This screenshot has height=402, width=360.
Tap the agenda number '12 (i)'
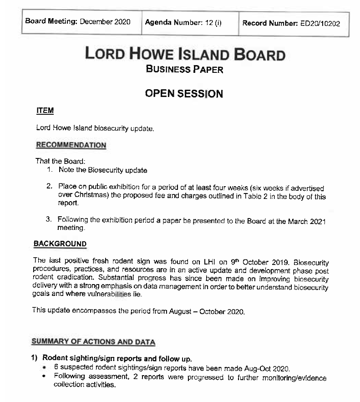pos(212,22)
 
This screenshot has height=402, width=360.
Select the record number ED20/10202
pos(320,24)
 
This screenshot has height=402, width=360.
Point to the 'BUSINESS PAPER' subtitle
pos(184,69)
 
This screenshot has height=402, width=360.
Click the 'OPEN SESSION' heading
pos(184,94)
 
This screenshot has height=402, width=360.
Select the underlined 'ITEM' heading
pos(45,111)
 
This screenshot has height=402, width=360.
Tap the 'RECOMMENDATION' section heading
pos(71,145)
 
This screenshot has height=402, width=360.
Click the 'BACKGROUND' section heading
pos(60,244)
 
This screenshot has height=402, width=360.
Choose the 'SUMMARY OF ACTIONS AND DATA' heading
pos(93,342)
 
